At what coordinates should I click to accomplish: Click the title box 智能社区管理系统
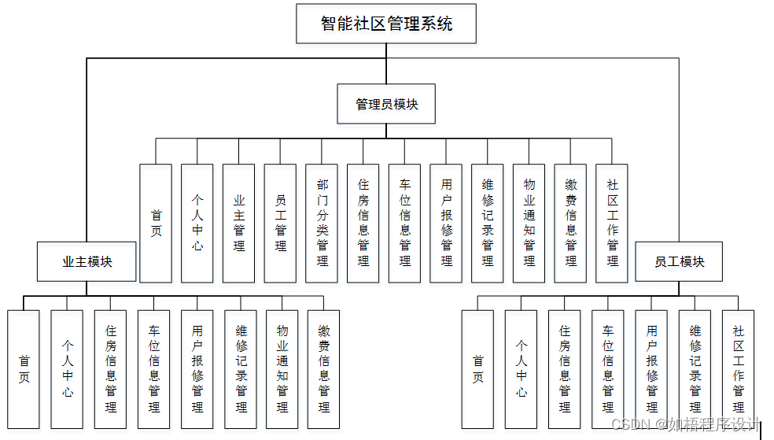(386, 24)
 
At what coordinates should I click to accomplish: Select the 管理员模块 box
(386, 104)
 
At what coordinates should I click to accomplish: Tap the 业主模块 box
(87, 261)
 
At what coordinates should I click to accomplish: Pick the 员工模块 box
(680, 261)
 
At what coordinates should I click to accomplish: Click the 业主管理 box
(238, 223)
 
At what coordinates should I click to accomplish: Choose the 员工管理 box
(280, 223)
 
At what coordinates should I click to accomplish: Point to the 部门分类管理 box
(322, 223)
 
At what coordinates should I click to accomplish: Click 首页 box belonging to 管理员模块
(156, 223)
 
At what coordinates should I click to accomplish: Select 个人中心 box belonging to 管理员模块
(197, 223)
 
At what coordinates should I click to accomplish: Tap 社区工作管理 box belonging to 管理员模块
(612, 223)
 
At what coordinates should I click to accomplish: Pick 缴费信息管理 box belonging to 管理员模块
(570, 223)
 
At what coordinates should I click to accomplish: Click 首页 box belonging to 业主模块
(24, 369)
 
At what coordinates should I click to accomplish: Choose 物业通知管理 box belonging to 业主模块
(282, 369)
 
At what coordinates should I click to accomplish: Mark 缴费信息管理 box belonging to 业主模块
(324, 369)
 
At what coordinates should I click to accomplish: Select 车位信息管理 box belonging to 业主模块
(153, 369)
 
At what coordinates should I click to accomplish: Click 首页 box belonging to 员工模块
(477, 369)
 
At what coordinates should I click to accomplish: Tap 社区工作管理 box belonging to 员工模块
(738, 369)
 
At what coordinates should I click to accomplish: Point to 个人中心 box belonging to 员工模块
(521, 369)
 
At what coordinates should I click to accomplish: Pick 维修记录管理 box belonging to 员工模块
(695, 369)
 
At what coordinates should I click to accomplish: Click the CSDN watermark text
(686, 425)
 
